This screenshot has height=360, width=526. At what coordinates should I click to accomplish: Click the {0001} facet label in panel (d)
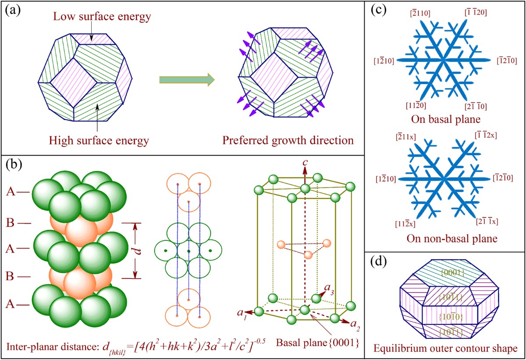(449, 273)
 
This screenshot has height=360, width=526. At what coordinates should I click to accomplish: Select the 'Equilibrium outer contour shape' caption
(444, 349)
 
